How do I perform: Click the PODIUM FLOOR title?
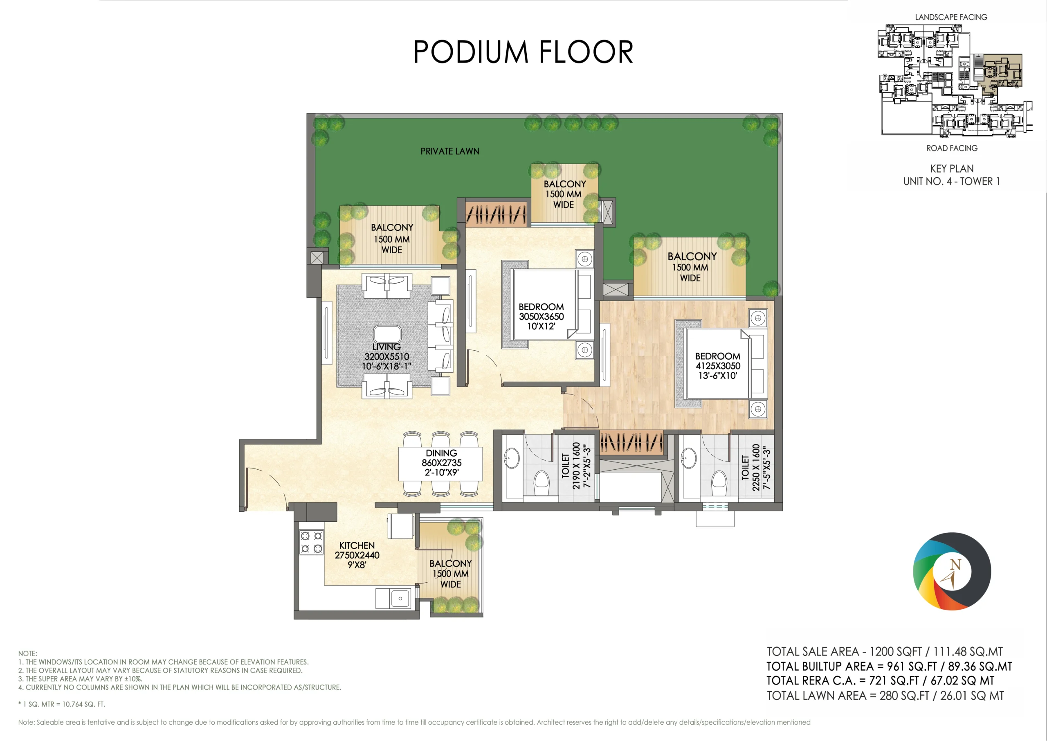click(x=523, y=52)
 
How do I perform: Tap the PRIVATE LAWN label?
click(x=449, y=151)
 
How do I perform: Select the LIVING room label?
click(x=387, y=356)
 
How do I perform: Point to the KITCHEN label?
click(x=357, y=555)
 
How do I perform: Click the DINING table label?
click(x=441, y=463)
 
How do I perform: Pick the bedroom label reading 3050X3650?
click(x=541, y=317)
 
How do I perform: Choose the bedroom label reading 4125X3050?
click(x=718, y=366)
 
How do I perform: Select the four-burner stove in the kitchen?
click(x=311, y=542)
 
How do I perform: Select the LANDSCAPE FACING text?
click(x=951, y=17)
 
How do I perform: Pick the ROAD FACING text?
click(x=952, y=148)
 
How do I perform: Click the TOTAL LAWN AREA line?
click(x=885, y=696)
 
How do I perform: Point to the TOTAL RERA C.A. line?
click(x=880, y=681)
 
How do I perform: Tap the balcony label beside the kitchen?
click(x=451, y=574)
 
